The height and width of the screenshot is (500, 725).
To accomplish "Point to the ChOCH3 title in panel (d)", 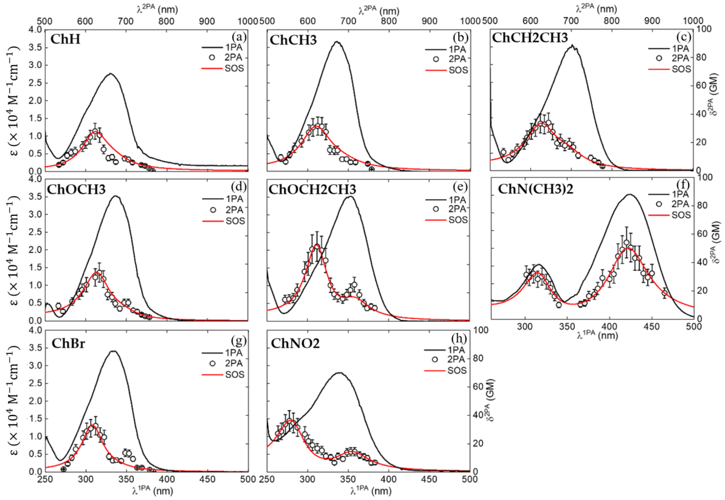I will click(76, 189).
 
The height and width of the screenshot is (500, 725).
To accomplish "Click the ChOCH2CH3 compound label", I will click(312, 189).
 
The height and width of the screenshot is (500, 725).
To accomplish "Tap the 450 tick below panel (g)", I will click(207, 479).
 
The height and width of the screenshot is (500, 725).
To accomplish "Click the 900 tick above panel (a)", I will click(207, 21).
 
